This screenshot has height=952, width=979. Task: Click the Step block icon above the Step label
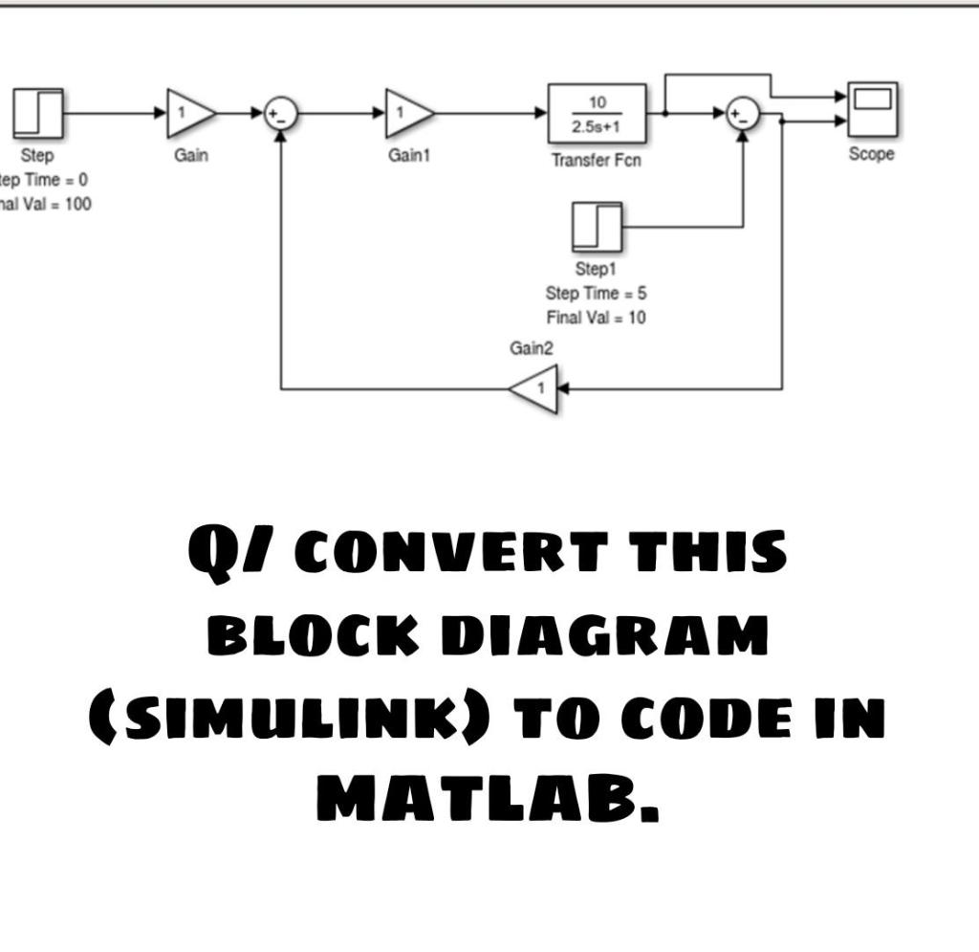pos(38,113)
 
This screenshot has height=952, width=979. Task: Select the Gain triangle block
pos(188,113)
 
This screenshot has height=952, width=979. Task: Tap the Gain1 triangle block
pos(406,113)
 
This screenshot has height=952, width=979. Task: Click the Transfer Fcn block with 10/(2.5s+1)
pos(597,114)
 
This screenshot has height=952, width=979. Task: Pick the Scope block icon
pos(871,111)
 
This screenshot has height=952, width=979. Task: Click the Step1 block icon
pos(597,228)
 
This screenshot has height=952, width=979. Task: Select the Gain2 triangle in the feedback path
pos(533,389)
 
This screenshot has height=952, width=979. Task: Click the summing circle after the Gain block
pos(280,114)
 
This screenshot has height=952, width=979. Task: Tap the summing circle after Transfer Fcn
pos(743,114)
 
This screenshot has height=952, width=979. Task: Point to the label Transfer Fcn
pos(596,161)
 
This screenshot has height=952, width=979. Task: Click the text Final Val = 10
pos(596,318)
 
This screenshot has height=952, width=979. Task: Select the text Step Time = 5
pos(596,294)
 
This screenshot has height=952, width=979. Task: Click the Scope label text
pos(871,154)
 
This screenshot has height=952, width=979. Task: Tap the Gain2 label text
pos(532,349)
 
